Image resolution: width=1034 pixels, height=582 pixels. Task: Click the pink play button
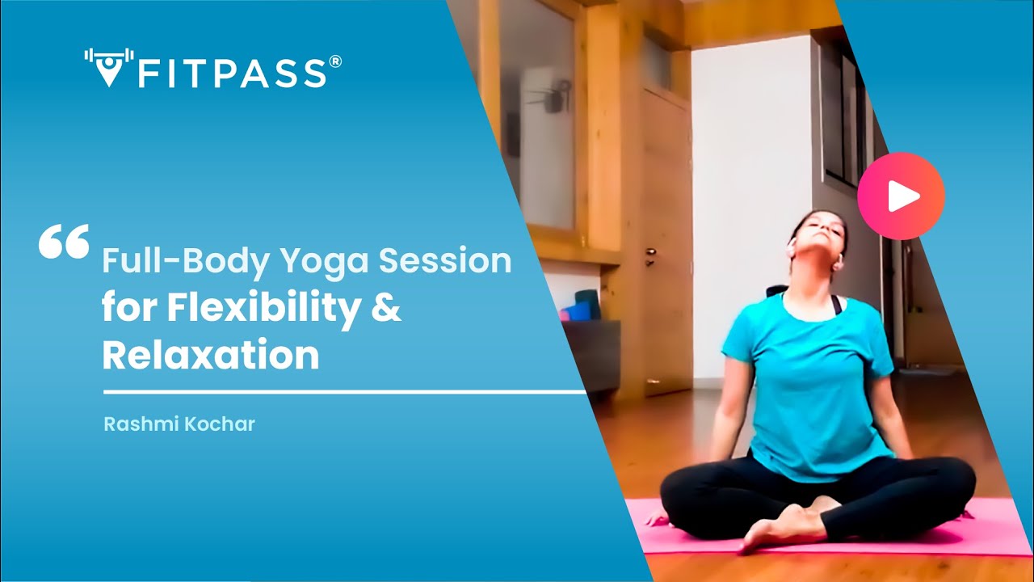(901, 196)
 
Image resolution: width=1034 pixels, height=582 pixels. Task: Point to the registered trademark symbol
(335, 61)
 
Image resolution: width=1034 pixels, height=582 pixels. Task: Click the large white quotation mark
(64, 242)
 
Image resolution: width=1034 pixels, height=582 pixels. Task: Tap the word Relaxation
(211, 356)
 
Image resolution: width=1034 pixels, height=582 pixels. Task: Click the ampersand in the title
(386, 309)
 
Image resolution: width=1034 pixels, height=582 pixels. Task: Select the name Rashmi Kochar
(179, 424)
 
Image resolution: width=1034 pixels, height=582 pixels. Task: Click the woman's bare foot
(775, 529)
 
